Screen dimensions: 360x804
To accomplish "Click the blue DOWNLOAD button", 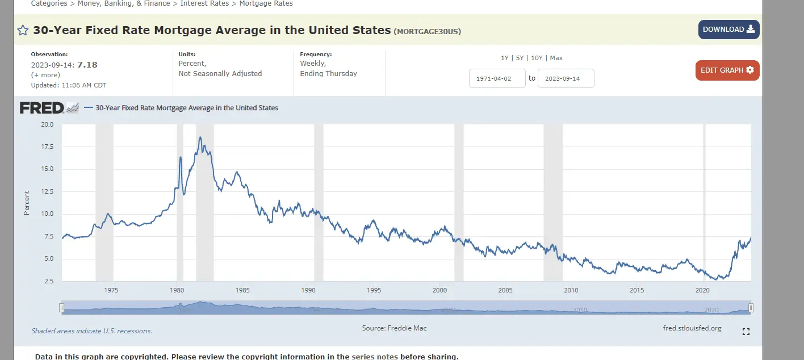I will tap(728, 30).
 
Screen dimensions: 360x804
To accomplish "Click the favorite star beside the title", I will tap(23, 31).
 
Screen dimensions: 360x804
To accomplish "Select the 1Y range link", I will tap(505, 58).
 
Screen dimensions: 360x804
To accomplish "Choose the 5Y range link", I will tap(520, 58).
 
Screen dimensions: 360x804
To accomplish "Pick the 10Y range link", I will tap(537, 58).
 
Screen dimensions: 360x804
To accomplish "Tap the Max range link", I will tap(556, 58).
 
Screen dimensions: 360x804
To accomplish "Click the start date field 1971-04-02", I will tap(497, 78).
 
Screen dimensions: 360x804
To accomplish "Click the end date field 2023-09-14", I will tap(566, 78).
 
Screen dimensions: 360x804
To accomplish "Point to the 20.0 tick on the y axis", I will tap(47, 124).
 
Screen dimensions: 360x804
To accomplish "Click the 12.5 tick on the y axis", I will tap(47, 191).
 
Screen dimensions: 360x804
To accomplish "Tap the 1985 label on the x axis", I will tap(242, 290).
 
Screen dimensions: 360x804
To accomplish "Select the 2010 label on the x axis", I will tap(571, 290).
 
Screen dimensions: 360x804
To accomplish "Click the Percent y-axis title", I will tap(27, 203).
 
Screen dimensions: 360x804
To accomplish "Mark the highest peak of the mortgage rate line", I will tap(200, 137).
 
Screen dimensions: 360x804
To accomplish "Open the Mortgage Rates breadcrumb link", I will tap(266, 3).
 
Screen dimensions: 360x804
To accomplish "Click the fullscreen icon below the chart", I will tap(746, 332).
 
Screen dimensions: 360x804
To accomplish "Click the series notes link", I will tap(375, 357).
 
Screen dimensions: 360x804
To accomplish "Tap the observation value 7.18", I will tap(87, 65).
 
